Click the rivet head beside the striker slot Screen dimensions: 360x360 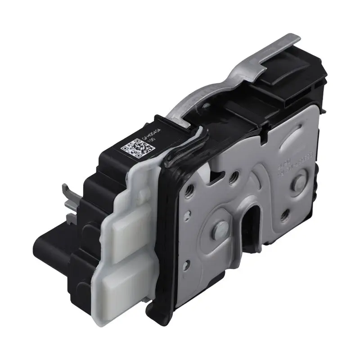coord(222,227)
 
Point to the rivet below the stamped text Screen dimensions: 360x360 coord(298,183)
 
